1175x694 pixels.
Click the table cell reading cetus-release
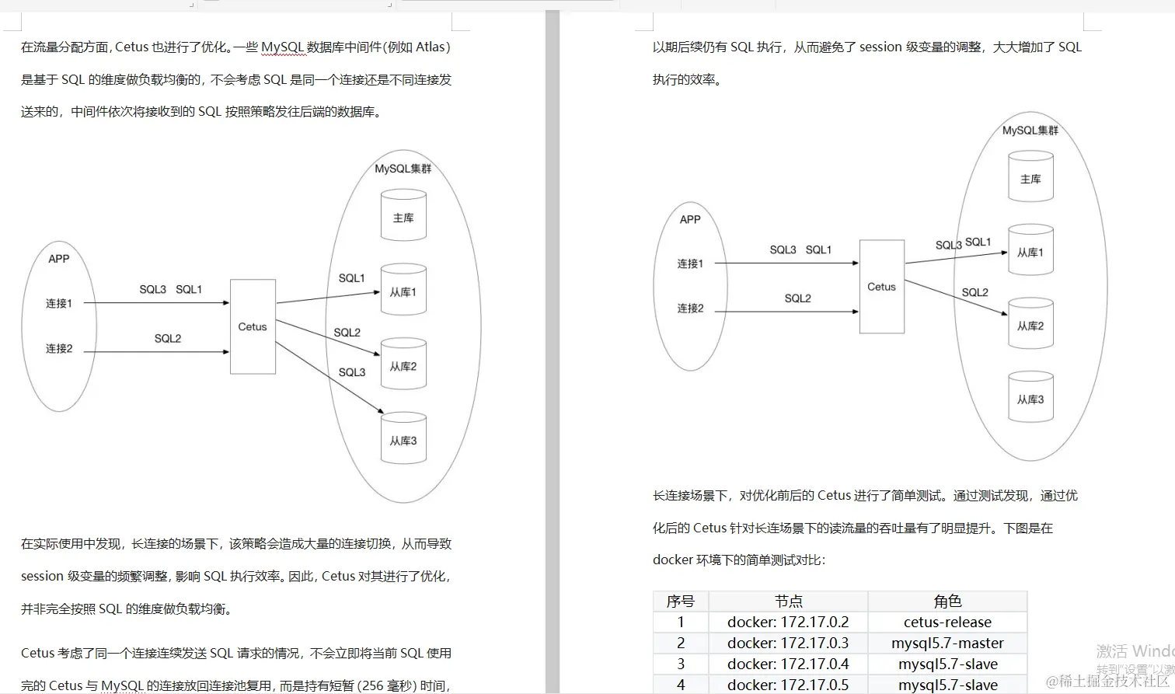(x=947, y=622)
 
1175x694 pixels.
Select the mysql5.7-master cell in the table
(x=947, y=643)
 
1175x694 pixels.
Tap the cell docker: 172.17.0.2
(x=788, y=622)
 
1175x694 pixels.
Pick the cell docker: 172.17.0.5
(x=788, y=685)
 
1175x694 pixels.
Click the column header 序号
(x=680, y=601)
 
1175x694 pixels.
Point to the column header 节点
(x=788, y=601)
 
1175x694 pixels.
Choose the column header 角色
(x=947, y=601)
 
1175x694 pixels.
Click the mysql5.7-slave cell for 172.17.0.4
(x=947, y=664)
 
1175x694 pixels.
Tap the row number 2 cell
(x=681, y=643)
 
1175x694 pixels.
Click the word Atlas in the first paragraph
(x=430, y=47)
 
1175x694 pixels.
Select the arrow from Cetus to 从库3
(x=329, y=378)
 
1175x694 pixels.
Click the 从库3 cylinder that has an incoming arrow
(x=403, y=441)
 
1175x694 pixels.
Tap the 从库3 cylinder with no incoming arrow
(x=1030, y=399)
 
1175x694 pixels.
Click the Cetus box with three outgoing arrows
(x=253, y=326)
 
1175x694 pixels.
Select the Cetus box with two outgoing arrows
(x=881, y=287)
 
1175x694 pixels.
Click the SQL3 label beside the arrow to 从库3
(x=352, y=372)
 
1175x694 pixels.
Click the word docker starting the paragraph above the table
(x=672, y=560)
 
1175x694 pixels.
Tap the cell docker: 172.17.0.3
(x=788, y=643)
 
